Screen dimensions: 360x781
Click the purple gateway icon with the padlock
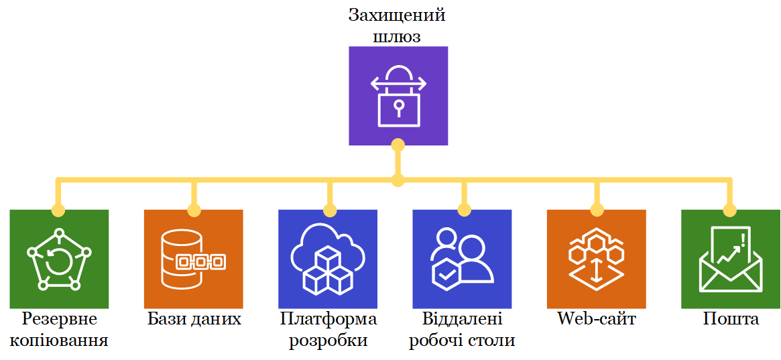click(398, 95)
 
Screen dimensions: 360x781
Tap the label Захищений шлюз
click(398, 25)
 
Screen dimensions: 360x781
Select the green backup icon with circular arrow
click(59, 259)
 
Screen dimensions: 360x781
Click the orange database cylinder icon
click(194, 259)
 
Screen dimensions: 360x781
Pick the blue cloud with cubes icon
click(328, 259)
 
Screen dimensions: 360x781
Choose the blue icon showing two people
click(462, 259)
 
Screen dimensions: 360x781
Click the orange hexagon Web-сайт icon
click(596, 259)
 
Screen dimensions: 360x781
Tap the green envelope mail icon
click(731, 259)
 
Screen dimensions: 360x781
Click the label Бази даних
click(194, 318)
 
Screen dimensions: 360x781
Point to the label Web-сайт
click(596, 318)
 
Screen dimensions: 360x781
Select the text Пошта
click(731, 318)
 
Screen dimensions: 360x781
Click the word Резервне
click(59, 318)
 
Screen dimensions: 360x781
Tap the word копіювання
click(59, 340)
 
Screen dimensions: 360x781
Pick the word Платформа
click(328, 318)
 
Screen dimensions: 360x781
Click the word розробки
click(328, 340)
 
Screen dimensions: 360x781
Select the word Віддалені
click(462, 318)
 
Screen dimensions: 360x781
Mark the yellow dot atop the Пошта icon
click(731, 210)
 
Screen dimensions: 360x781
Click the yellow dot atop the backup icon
click(59, 210)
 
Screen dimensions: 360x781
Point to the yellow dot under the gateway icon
click(398, 144)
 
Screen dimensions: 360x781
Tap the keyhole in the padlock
click(399, 106)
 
